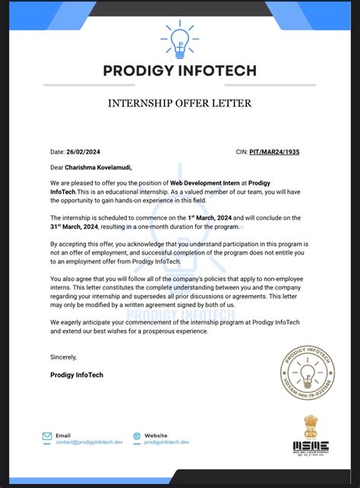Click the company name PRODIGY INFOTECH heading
(x=180, y=71)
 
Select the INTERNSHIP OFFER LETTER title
(x=180, y=103)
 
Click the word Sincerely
(x=64, y=356)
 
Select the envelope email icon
(x=46, y=437)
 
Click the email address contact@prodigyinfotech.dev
(x=88, y=442)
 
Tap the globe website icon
(x=137, y=437)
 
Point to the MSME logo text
(x=311, y=447)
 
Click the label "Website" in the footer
(x=156, y=436)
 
